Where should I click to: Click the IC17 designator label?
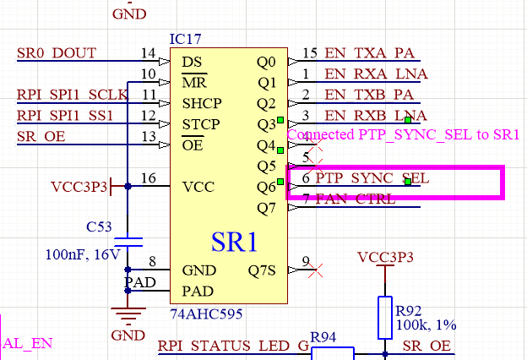[x=185, y=39]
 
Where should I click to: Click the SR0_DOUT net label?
[x=57, y=53]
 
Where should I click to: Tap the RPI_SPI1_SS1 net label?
[x=64, y=115]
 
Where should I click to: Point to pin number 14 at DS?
[x=149, y=53]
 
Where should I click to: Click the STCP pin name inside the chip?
[x=201, y=124]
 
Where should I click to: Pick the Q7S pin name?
[x=262, y=270]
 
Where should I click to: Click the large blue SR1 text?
[x=234, y=242]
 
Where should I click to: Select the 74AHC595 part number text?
[x=206, y=314]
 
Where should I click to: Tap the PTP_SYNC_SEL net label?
[x=372, y=179]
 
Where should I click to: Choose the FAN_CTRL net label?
[x=356, y=199]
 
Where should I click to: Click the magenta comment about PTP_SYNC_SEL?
[x=404, y=134]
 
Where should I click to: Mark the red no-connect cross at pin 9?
[x=314, y=270]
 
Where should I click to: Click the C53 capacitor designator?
[x=101, y=226]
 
